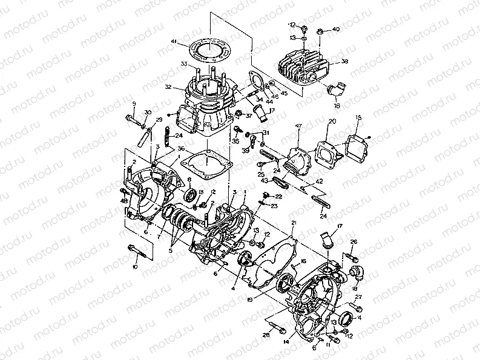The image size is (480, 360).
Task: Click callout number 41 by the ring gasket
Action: click(x=174, y=41)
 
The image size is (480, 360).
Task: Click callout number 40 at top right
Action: click(x=336, y=29)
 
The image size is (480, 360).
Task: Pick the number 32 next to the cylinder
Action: click(x=169, y=87)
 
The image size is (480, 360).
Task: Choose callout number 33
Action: click(x=183, y=64)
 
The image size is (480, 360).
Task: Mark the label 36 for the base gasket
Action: click(x=180, y=149)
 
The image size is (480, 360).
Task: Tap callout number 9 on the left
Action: click(x=134, y=104)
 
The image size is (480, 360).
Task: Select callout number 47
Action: click(x=298, y=125)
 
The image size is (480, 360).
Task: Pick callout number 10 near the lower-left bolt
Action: click(x=134, y=266)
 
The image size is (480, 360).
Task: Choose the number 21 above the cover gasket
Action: click(x=293, y=223)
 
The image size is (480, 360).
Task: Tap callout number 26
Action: click(x=354, y=242)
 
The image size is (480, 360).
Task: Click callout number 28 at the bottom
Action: click(x=266, y=334)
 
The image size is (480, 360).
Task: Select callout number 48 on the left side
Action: click(x=123, y=201)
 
